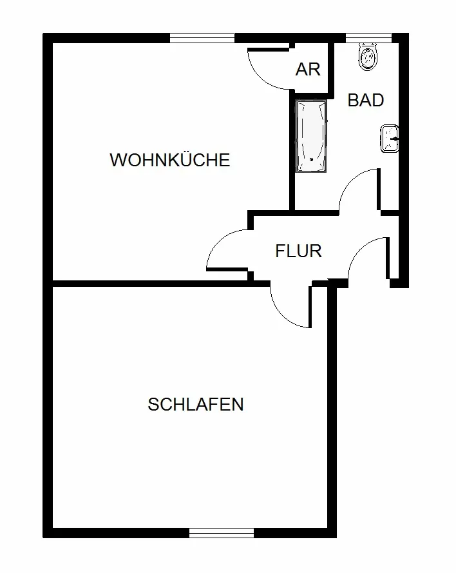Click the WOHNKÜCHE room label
tap(169, 160)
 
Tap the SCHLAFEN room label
tap(195, 405)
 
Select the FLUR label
tap(298, 251)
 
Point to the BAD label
tap(365, 101)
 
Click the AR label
tap(308, 70)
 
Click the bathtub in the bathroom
tap(311, 136)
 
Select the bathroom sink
tap(390, 139)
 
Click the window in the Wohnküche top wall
tap(202, 38)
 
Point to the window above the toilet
tap(369, 38)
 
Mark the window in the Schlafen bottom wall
tap(222, 533)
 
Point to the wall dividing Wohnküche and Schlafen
tap(148, 282)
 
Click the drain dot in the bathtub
tap(311, 160)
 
